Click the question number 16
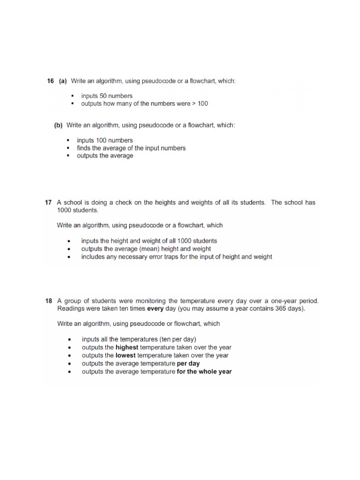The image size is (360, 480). (51, 81)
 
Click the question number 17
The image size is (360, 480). (48, 202)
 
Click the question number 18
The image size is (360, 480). (48, 300)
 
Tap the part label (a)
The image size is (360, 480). (63, 81)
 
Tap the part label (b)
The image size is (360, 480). (59, 125)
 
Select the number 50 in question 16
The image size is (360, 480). (103, 96)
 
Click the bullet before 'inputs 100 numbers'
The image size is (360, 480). (67, 141)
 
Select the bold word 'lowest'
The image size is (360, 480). (126, 355)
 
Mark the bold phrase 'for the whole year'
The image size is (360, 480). (204, 371)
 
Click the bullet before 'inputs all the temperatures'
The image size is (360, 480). (70, 339)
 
